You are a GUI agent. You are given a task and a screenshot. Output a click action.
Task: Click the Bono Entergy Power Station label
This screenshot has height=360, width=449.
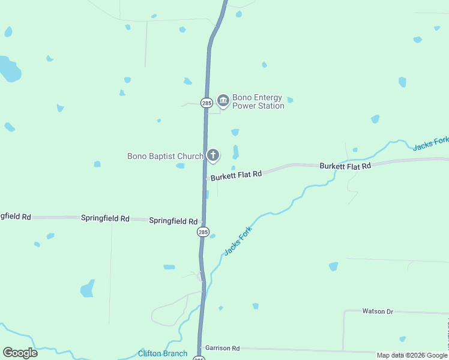(258, 101)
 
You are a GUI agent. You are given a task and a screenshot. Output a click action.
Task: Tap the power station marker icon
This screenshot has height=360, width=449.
(223, 100)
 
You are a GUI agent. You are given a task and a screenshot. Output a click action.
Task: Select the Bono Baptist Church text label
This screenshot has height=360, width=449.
(165, 157)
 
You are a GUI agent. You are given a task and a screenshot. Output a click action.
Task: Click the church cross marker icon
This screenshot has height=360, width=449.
(213, 155)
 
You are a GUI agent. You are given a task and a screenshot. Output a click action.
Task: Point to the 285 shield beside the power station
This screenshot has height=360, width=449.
(206, 103)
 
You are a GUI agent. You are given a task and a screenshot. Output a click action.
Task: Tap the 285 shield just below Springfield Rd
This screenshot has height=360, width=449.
(203, 232)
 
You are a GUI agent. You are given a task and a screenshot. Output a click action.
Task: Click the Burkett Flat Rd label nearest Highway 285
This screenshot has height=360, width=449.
(236, 174)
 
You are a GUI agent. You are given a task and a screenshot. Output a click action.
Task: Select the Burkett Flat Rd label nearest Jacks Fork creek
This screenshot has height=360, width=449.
(345, 166)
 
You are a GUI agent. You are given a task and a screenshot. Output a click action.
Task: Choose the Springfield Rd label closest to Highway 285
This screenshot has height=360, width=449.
(173, 221)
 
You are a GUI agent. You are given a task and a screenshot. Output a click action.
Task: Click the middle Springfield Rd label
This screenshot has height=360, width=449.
(105, 218)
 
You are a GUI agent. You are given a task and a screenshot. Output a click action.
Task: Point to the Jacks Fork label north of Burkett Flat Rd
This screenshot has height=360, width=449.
(430, 143)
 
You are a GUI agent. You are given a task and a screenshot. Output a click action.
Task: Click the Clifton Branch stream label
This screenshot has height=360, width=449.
(163, 353)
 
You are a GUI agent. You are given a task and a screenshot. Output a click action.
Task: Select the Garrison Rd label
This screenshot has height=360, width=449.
(222, 348)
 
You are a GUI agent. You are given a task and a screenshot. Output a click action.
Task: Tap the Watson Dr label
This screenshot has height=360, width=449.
(377, 311)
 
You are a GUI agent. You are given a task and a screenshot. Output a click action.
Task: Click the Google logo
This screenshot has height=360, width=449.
(20, 353)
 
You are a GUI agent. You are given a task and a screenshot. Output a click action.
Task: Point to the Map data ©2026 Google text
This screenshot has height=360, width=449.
(412, 355)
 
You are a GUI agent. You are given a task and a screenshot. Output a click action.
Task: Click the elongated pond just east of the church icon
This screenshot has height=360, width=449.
(235, 152)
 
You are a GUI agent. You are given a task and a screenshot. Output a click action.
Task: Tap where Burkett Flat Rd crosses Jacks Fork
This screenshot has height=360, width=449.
(338, 164)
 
